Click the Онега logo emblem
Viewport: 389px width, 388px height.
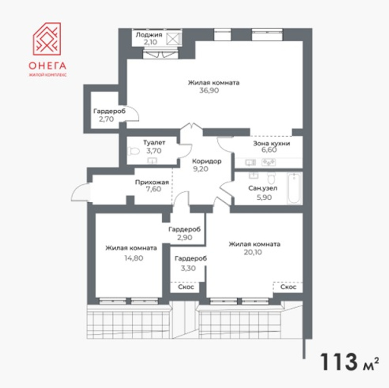(47, 39)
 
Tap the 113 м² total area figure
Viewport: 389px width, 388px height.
(349, 362)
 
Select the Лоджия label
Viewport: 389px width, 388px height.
(149, 35)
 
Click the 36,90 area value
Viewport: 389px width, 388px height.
(209, 90)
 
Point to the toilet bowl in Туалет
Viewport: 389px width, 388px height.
(133, 151)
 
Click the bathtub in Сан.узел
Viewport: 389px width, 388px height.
(295, 189)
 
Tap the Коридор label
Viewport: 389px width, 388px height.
(207, 161)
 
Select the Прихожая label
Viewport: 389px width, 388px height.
(152, 183)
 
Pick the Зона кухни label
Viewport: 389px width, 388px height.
(272, 143)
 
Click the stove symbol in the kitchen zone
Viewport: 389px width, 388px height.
(268, 162)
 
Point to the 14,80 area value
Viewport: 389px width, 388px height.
(134, 258)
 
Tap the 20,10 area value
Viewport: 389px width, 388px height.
(253, 252)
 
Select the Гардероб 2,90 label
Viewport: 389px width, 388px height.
(185, 229)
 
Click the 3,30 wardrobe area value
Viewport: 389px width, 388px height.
(188, 268)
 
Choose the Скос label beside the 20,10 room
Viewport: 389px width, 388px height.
(288, 287)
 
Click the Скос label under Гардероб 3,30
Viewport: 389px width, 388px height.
(186, 287)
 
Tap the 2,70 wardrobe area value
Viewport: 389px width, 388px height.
(106, 119)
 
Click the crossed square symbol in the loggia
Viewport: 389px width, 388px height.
(174, 39)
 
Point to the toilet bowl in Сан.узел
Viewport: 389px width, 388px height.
(271, 178)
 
